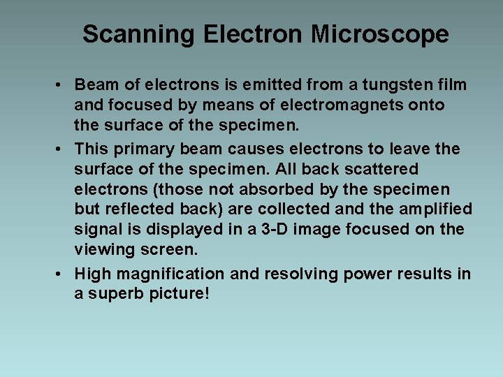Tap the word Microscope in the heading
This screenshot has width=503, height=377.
pos(380,34)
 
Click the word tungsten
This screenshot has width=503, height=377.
pos(404,85)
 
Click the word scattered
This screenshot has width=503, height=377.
pos(382,170)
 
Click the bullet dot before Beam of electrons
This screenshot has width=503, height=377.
pos(62,85)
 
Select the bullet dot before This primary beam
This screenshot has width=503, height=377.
pos(62,149)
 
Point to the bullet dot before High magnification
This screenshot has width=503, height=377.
pos(62,274)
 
